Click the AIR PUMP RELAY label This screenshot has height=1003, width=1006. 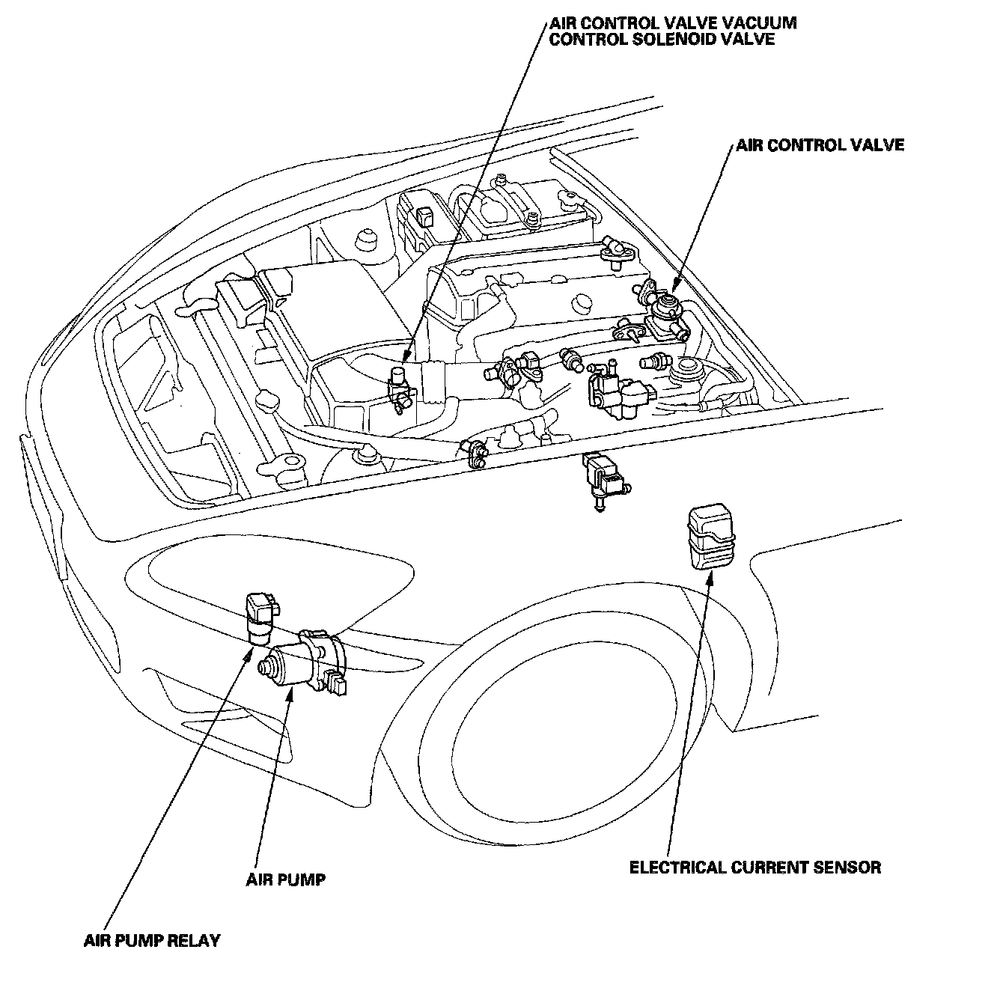tap(152, 940)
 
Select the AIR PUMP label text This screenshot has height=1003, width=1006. tap(286, 879)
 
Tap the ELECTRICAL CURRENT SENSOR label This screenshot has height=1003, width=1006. tap(754, 868)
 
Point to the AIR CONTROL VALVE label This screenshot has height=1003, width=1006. tap(820, 144)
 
